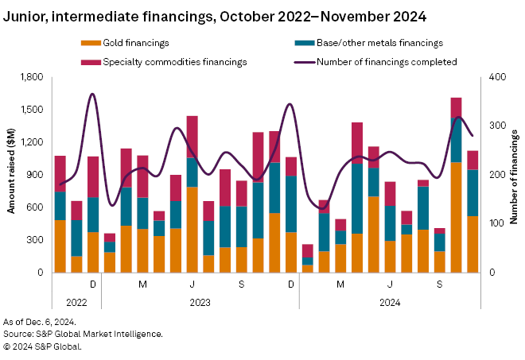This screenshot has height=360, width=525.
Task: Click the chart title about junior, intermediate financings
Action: point(215,15)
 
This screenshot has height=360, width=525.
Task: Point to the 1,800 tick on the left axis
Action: point(32,77)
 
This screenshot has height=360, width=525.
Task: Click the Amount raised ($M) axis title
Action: point(11,174)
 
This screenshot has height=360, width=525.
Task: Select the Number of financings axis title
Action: point(513,174)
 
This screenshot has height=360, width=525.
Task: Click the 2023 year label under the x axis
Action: point(200,303)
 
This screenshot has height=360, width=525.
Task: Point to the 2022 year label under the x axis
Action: point(77,303)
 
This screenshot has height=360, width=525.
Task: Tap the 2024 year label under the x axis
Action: point(390,303)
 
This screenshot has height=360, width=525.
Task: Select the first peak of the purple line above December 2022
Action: point(93,95)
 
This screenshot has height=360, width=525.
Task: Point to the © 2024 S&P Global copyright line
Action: point(42,346)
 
